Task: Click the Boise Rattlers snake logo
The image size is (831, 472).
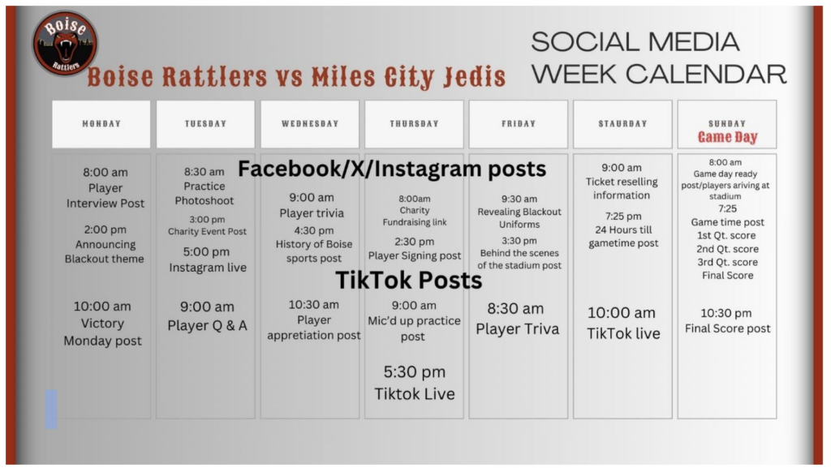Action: pos(65,42)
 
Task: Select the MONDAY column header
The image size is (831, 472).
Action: pos(101,124)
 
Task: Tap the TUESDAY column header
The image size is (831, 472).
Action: pos(205,124)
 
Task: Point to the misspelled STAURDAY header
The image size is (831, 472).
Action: pos(622,124)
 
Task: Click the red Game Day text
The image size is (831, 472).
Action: pos(727,138)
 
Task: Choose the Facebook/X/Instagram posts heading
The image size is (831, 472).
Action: pos(392,169)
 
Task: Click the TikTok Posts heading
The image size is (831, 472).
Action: pos(409,281)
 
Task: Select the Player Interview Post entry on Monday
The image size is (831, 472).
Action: pos(105,187)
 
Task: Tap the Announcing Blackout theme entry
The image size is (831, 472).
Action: pos(105,244)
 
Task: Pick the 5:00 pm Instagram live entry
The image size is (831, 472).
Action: pos(207,260)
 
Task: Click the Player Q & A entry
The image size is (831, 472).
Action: pos(207,315)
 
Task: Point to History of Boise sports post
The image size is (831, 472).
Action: pos(314,244)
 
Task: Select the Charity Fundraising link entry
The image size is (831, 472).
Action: pos(415,210)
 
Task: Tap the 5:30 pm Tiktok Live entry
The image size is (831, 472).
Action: pos(415,383)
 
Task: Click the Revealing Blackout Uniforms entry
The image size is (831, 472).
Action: pos(519,212)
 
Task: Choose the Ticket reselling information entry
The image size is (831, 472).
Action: pos(622,182)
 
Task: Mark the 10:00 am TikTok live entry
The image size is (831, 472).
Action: pos(623,323)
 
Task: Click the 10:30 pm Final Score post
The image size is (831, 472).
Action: pos(727,320)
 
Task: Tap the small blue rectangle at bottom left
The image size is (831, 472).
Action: pos(51,409)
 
